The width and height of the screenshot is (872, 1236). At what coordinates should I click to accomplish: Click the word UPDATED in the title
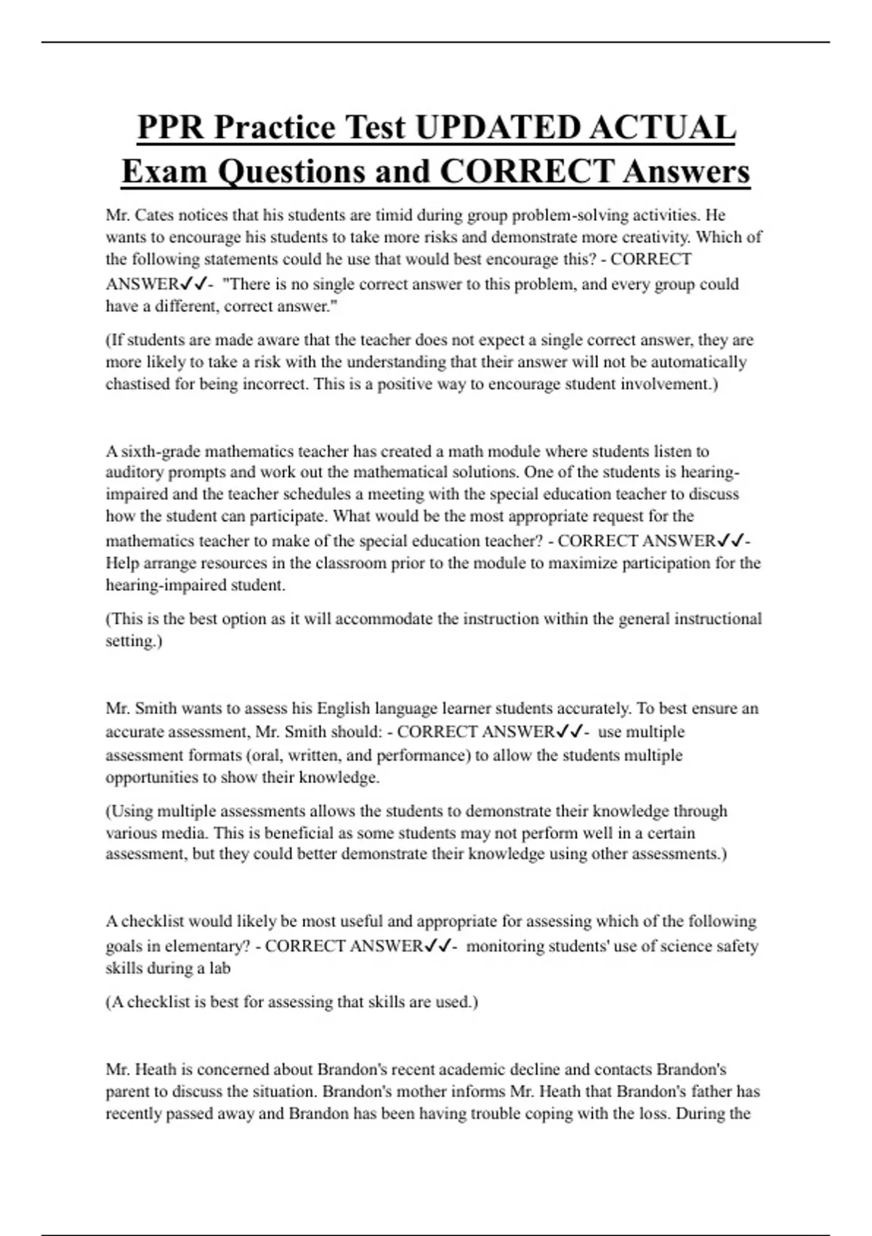click(x=497, y=128)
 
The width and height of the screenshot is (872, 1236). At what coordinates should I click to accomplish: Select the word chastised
click(x=137, y=384)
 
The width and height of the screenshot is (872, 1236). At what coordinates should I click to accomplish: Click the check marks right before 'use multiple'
click(x=568, y=731)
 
